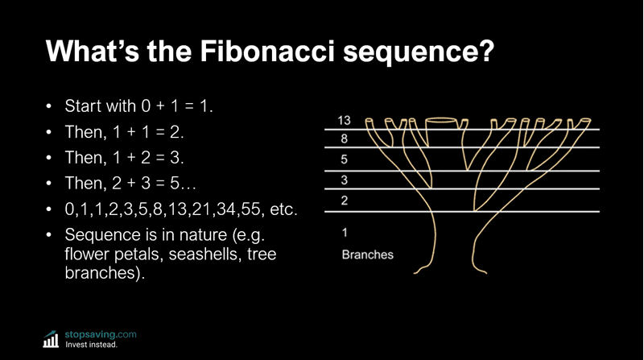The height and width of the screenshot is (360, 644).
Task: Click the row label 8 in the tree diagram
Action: pyautogui.click(x=344, y=139)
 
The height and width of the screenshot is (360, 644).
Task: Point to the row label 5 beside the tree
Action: pyautogui.click(x=344, y=159)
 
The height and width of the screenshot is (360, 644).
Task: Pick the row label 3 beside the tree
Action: pyautogui.click(x=344, y=180)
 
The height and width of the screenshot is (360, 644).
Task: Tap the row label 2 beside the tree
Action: pyautogui.click(x=344, y=201)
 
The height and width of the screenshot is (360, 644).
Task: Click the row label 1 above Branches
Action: pyautogui.click(x=344, y=234)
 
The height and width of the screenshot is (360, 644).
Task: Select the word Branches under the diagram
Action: pyautogui.click(x=367, y=254)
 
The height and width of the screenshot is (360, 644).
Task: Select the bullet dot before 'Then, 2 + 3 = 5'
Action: pyautogui.click(x=48, y=184)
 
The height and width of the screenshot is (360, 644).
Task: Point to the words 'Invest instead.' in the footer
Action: pyautogui.click(x=91, y=345)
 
